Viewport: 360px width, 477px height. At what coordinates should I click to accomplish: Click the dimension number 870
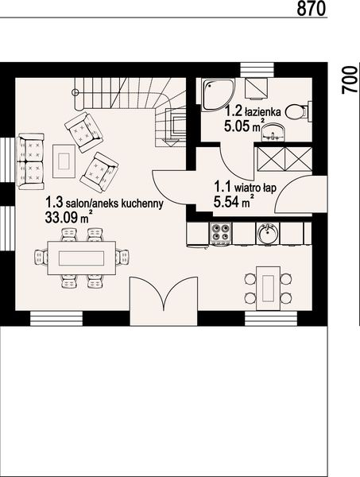[x=312, y=10]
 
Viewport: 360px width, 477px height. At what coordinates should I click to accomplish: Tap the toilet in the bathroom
[x=297, y=113]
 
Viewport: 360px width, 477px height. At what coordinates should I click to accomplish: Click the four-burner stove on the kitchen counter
[x=220, y=234]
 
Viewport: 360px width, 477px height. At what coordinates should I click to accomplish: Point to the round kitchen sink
[x=268, y=234]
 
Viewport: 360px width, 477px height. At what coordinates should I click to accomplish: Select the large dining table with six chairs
[x=79, y=256]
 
